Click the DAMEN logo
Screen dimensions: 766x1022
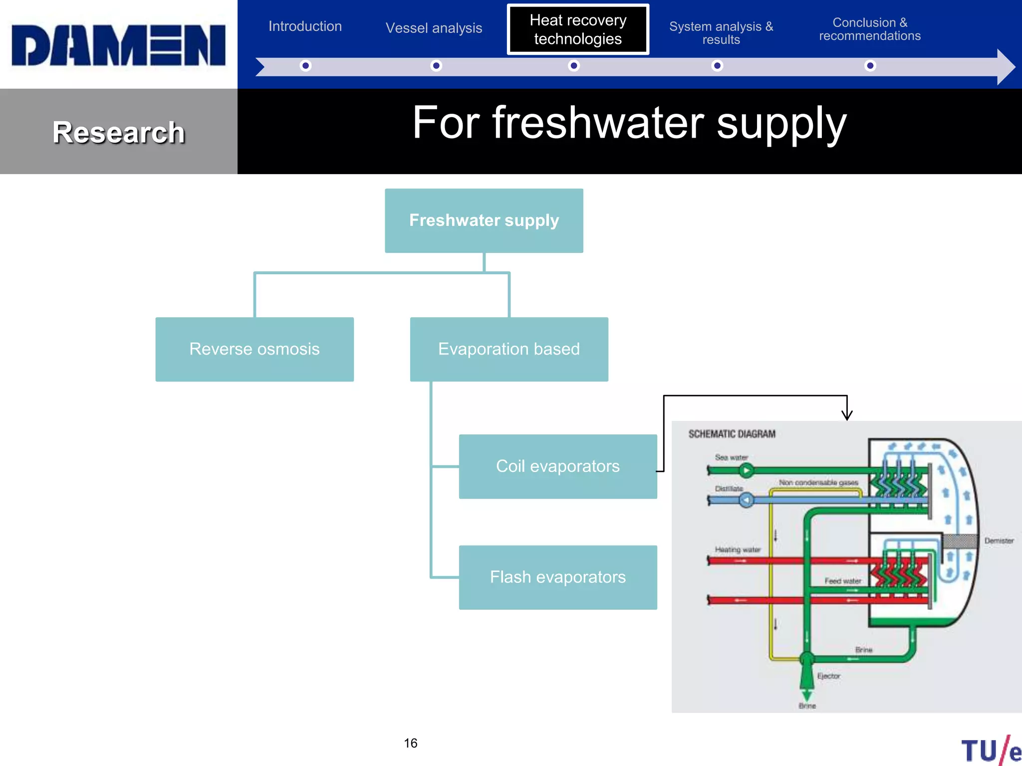pos(119,45)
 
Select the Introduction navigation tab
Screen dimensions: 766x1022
pos(305,26)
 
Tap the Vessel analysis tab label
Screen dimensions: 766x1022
pos(434,28)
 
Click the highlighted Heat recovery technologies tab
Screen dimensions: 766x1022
pos(578,29)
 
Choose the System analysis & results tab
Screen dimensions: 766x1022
pos(721,33)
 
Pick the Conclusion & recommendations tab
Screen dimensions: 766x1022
pos(870,29)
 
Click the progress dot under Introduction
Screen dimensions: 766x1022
pos(305,66)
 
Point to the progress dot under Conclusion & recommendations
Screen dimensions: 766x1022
pos(870,66)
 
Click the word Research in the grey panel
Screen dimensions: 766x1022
pos(119,133)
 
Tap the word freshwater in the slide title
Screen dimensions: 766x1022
pos(598,123)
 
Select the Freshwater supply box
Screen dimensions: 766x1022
pos(484,220)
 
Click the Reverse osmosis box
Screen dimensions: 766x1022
pos(255,349)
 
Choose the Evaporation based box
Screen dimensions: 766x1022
pos(509,349)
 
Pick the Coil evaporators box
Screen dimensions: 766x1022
pos(557,466)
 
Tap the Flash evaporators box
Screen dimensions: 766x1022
pos(557,577)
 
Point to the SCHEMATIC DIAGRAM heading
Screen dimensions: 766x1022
pos(732,434)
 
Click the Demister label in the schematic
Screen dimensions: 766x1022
pos(999,541)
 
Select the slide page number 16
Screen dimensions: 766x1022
pos(410,743)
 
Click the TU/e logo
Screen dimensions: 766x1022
pos(991,750)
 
